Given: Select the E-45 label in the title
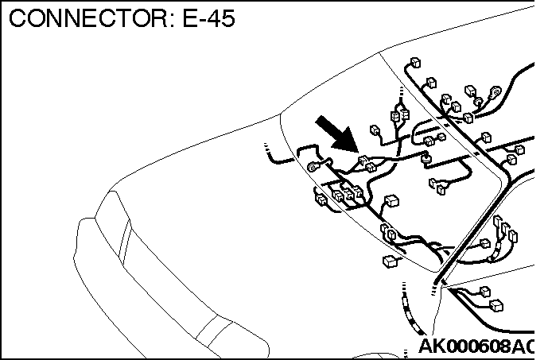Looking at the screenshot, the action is click(208, 18).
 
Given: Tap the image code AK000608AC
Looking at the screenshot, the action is click(476, 346).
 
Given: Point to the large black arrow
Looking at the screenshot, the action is click(337, 134).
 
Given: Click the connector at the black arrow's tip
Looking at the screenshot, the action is click(363, 161).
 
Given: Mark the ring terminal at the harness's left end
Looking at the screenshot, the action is click(313, 167).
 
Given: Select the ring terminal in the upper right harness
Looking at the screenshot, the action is click(496, 92).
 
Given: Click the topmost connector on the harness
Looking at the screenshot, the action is click(415, 63).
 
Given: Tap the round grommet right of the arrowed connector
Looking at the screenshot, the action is click(426, 158).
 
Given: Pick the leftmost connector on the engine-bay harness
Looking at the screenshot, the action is click(321, 199).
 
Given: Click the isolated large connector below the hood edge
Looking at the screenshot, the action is click(390, 261).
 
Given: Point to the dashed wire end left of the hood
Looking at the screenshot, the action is click(267, 149).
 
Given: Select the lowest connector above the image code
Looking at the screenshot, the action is click(496, 306).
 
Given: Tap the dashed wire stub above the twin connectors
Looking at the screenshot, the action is click(401, 94).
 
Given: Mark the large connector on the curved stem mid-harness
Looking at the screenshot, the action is click(391, 201).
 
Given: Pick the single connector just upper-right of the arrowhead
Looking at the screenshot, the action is click(375, 130).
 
